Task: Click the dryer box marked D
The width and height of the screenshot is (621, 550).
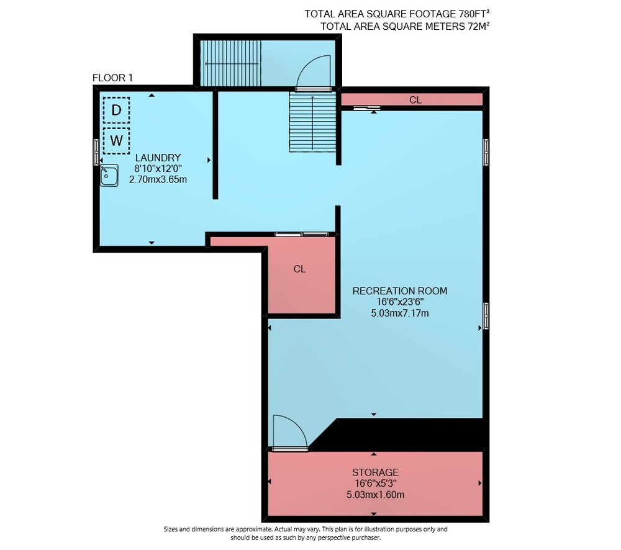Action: [117, 110]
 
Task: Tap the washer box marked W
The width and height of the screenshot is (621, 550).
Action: [117, 140]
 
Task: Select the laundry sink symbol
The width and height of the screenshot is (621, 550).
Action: [109, 176]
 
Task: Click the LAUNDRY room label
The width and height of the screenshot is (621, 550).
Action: [158, 158]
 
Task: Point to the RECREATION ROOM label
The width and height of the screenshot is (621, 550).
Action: [400, 291]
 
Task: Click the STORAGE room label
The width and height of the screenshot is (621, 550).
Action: [376, 472]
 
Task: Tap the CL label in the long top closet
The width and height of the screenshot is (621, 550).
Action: [415, 100]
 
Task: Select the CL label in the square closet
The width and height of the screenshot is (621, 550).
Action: [300, 269]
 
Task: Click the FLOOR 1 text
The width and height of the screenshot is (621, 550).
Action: [112, 78]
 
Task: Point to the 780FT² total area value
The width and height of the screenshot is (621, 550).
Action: [474, 14]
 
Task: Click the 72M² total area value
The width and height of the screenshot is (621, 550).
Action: [478, 26]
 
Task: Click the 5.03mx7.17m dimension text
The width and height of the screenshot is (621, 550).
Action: [400, 313]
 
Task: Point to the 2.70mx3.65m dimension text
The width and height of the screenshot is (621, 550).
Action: [158, 179]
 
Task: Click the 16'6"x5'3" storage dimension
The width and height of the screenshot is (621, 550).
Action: [376, 483]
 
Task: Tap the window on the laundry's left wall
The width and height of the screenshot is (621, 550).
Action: [96, 151]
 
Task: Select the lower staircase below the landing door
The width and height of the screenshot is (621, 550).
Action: [312, 122]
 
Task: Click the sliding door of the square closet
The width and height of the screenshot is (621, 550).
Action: [302, 235]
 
